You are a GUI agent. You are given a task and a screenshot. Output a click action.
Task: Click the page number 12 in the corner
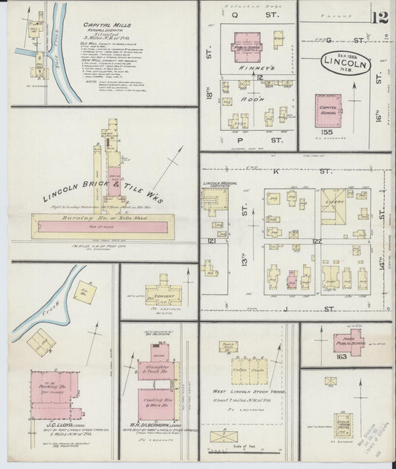click(x=381, y=16)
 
